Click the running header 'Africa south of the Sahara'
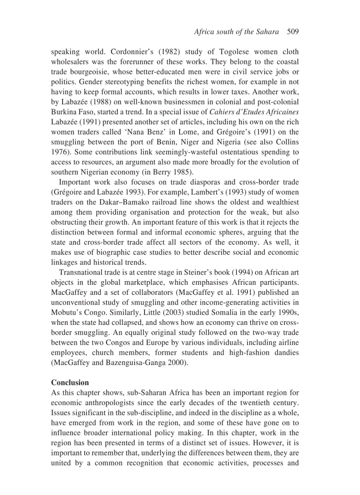tap(236, 32)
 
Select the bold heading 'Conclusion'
tap(70, 382)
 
